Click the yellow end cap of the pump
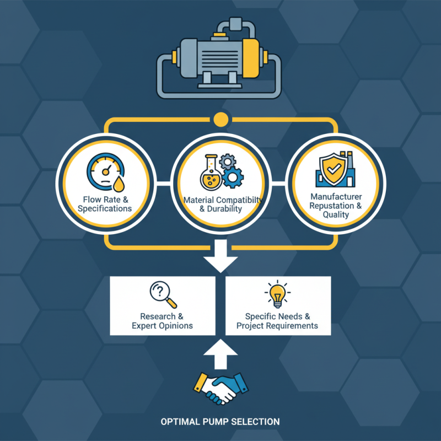[251, 58]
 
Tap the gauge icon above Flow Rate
[105, 172]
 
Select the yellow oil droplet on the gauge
[119, 184]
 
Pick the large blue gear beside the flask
[233, 177]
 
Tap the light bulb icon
[278, 294]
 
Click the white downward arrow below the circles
[221, 256]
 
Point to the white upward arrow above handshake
[221, 354]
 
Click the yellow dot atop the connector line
[221, 120]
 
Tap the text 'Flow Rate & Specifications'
[105, 204]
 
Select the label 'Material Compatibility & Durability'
[223, 204]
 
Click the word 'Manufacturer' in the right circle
[336, 196]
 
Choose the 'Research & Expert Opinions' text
[162, 321]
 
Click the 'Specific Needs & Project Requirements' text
[277, 321]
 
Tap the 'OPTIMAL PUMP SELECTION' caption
[220, 422]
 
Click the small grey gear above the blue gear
[227, 162]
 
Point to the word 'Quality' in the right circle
[336, 215]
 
